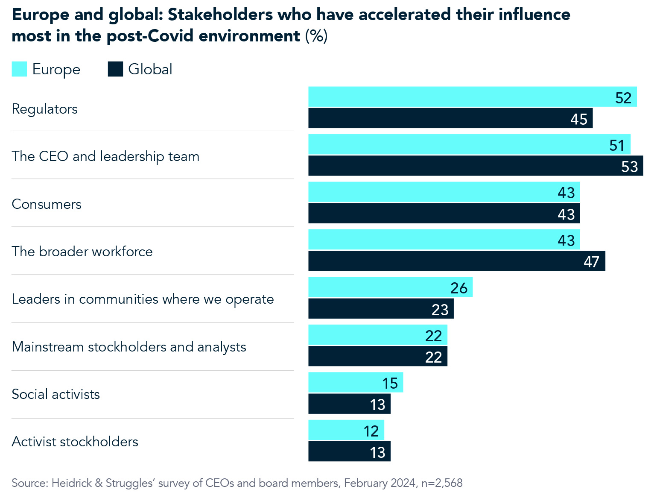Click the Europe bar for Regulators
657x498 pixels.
[x=472, y=97]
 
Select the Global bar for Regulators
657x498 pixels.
[x=450, y=118]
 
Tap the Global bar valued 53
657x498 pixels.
[x=476, y=166]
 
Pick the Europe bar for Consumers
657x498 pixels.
[x=444, y=192]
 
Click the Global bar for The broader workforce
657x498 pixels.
[x=457, y=261]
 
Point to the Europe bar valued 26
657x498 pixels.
[x=390, y=287]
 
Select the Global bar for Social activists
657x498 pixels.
[x=349, y=404]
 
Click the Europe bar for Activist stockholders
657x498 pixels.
[x=346, y=430]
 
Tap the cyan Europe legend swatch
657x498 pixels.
[x=19, y=69]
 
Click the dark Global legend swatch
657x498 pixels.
[x=115, y=69]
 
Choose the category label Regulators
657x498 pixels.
[x=45, y=109]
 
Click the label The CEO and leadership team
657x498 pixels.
[x=105, y=156]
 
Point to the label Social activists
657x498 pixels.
[x=56, y=394]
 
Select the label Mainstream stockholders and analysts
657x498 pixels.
[x=129, y=347]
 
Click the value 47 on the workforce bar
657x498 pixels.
[x=591, y=261]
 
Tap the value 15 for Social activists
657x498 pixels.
[x=390, y=383]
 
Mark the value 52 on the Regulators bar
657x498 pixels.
[x=623, y=98]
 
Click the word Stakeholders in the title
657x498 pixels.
[x=220, y=15]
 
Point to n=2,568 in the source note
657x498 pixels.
[x=442, y=483]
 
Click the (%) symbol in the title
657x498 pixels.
[x=316, y=36]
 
